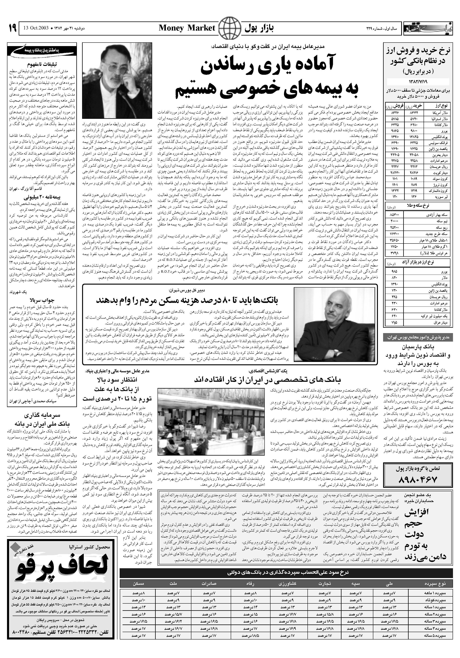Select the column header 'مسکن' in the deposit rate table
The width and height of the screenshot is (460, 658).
click(139, 575)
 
